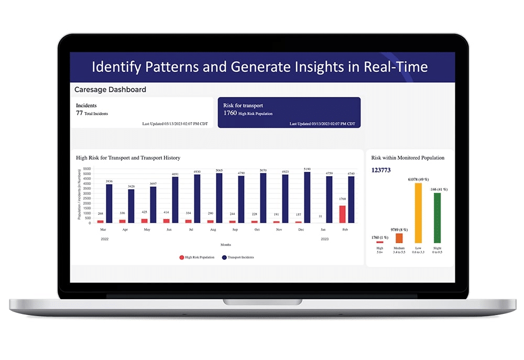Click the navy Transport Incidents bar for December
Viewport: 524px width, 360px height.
click(x=307, y=198)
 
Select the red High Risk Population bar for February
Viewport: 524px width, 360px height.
click(x=342, y=214)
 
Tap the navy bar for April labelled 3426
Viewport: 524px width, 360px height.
click(x=131, y=206)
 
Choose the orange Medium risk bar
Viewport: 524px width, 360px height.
click(x=399, y=238)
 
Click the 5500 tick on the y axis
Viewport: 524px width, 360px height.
click(x=88, y=169)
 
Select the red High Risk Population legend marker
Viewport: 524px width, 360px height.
click(x=182, y=257)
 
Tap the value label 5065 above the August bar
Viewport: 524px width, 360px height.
click(x=219, y=170)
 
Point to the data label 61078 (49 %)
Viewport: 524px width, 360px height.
click(x=418, y=179)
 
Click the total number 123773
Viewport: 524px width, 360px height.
click(x=381, y=170)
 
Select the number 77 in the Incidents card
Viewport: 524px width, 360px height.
click(x=80, y=113)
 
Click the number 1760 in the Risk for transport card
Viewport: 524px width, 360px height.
click(x=230, y=113)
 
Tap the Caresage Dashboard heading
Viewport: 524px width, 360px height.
click(x=110, y=90)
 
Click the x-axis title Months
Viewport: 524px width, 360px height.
click(x=225, y=244)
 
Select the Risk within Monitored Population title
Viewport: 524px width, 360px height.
click(x=408, y=158)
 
